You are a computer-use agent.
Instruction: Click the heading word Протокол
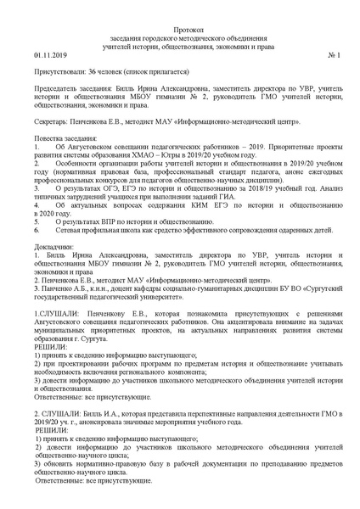[179, 29]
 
